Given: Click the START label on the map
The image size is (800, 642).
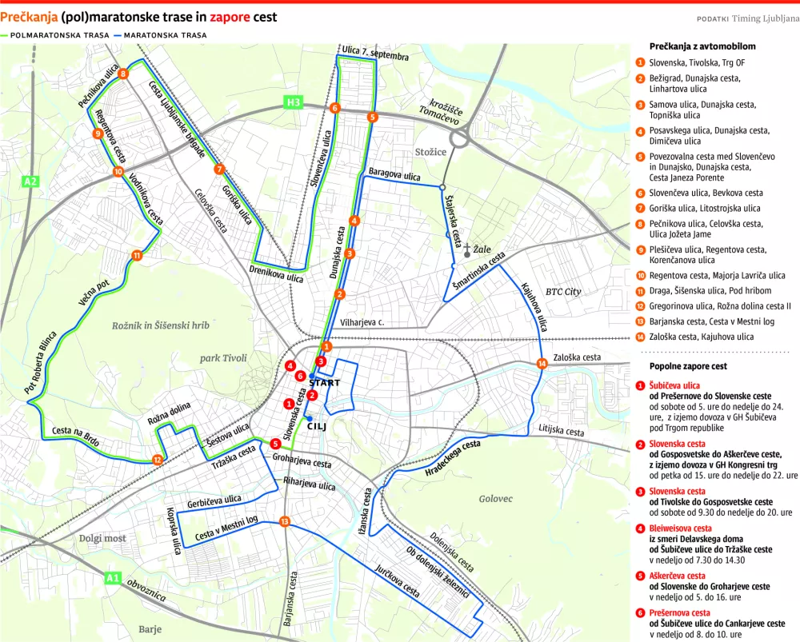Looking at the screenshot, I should click(x=323, y=383).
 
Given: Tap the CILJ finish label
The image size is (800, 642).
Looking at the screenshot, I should click(x=317, y=425).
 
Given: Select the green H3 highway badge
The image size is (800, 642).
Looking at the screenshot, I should click(x=294, y=102).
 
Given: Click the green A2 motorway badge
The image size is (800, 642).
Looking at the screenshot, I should click(x=30, y=181).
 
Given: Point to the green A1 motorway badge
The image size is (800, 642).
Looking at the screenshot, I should click(x=113, y=577).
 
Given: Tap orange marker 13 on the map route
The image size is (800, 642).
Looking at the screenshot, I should click(x=285, y=522).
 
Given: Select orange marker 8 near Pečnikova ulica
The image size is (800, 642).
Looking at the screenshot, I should click(x=122, y=74).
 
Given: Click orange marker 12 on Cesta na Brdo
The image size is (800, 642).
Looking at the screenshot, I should click(x=157, y=460).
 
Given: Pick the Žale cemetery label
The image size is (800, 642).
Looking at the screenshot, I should click(x=483, y=249).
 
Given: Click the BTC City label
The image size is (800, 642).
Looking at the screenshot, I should click(x=563, y=292).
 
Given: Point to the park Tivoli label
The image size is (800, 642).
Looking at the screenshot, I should click(x=223, y=358).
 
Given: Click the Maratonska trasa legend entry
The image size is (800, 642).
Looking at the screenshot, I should click(x=159, y=35).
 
